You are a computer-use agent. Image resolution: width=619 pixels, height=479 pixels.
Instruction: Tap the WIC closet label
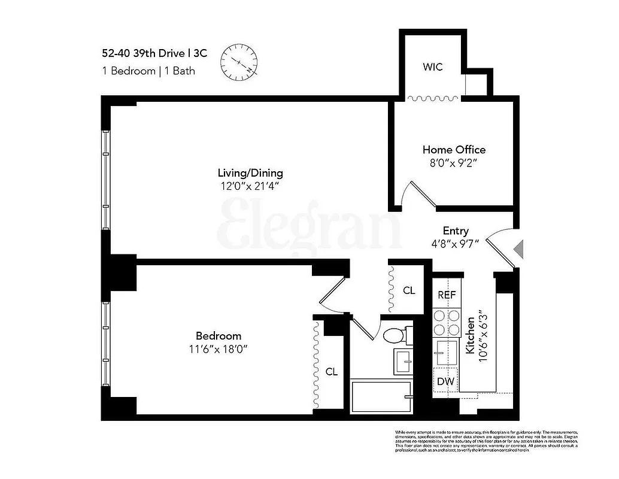[432, 67]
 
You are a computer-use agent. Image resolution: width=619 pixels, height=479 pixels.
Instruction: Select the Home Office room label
[454, 150]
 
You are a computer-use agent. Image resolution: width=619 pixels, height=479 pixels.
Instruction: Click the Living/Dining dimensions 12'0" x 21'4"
[250, 186]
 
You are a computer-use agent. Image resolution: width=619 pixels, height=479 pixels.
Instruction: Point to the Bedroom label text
[219, 336]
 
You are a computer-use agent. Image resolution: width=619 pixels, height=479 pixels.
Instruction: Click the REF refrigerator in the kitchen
[447, 295]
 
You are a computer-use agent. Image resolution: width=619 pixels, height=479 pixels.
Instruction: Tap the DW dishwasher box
[444, 381]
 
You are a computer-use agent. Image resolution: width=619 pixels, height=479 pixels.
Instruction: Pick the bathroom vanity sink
[402, 360]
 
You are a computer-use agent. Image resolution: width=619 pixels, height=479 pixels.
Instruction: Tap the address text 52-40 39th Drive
[150, 53]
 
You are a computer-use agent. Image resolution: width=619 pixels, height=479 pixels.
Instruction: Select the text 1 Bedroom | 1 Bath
[148, 71]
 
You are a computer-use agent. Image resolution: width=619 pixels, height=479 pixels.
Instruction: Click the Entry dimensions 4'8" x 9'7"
[456, 244]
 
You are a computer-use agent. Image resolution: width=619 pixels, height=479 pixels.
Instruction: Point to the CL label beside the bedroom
[331, 372]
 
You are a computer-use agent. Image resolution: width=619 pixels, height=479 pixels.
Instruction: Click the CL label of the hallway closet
[409, 291]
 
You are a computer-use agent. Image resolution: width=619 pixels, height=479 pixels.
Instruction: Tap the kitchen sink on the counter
[444, 351]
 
